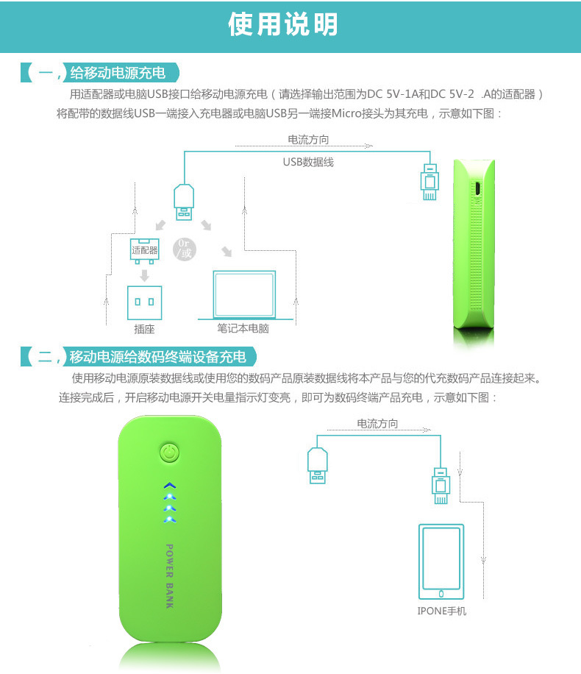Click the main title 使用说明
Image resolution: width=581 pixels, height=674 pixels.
(x=282, y=24)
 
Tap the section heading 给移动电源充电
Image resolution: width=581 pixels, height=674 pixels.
(x=118, y=73)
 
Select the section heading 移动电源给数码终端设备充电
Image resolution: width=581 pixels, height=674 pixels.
(x=157, y=357)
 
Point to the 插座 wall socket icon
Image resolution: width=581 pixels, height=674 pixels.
(x=144, y=302)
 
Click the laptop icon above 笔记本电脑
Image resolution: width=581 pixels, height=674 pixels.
(x=244, y=295)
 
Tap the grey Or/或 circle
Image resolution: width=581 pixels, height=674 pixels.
(x=185, y=249)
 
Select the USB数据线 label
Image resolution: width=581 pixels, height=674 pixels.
(x=308, y=162)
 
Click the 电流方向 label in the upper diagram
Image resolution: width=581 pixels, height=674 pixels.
(x=308, y=139)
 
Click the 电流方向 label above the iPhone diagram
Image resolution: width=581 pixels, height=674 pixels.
(x=377, y=423)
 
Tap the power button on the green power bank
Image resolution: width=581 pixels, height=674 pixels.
(x=169, y=453)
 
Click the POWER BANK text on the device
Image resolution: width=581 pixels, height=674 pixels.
(x=170, y=576)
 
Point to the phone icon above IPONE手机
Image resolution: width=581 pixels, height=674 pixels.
(x=441, y=561)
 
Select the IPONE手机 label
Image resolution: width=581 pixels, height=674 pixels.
(x=441, y=611)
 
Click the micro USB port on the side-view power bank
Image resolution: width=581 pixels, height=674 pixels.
(x=477, y=189)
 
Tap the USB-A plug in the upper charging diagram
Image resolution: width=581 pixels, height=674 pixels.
(x=184, y=202)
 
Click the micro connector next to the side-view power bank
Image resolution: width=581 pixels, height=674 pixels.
(x=429, y=182)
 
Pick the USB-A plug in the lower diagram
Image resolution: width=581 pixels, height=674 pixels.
(x=318, y=465)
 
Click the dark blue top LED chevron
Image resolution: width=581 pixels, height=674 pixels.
(x=170, y=486)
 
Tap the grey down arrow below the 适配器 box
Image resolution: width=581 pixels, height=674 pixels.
(x=144, y=275)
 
